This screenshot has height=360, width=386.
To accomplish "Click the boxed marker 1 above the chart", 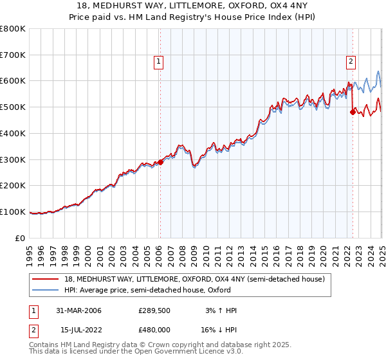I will [x=158, y=62].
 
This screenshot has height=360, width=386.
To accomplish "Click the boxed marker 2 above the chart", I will [x=351, y=62].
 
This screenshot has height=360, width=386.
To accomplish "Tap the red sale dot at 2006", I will [x=161, y=163].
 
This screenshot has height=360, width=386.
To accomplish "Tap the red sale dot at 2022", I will [x=353, y=112].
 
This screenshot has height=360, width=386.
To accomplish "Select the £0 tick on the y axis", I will [x=21, y=238].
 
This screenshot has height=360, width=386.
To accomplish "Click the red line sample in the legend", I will [x=45, y=279].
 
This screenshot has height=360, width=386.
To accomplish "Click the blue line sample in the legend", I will [x=45, y=290].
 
